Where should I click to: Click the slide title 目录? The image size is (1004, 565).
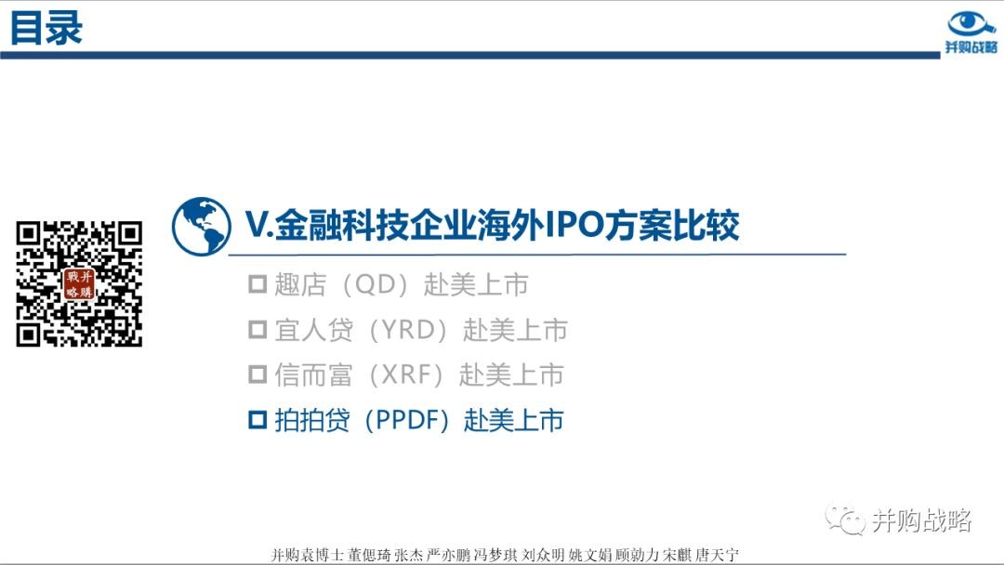pos(46,28)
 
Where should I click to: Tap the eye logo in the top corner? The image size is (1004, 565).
pos(971,24)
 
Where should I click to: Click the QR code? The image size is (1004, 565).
pos(79,284)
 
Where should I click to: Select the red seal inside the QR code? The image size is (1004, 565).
pos(79,284)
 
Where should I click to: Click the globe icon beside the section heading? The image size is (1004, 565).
pos(201,227)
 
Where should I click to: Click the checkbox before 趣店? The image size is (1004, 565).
pos(258,284)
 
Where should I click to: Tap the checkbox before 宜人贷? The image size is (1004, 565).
pos(258,330)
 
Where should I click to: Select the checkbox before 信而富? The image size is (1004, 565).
pos(258,374)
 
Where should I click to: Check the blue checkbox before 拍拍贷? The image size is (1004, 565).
pos(258,420)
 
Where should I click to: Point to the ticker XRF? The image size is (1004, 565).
pos(406,374)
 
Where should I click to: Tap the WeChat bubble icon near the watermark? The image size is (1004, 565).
pos(845,519)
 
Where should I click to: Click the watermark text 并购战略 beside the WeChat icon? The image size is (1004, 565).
pos(921,520)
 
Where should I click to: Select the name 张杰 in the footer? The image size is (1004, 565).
pos(408,555)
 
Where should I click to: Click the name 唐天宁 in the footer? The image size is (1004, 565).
pos(717,555)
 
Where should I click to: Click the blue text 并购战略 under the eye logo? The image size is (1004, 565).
pos(971,47)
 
